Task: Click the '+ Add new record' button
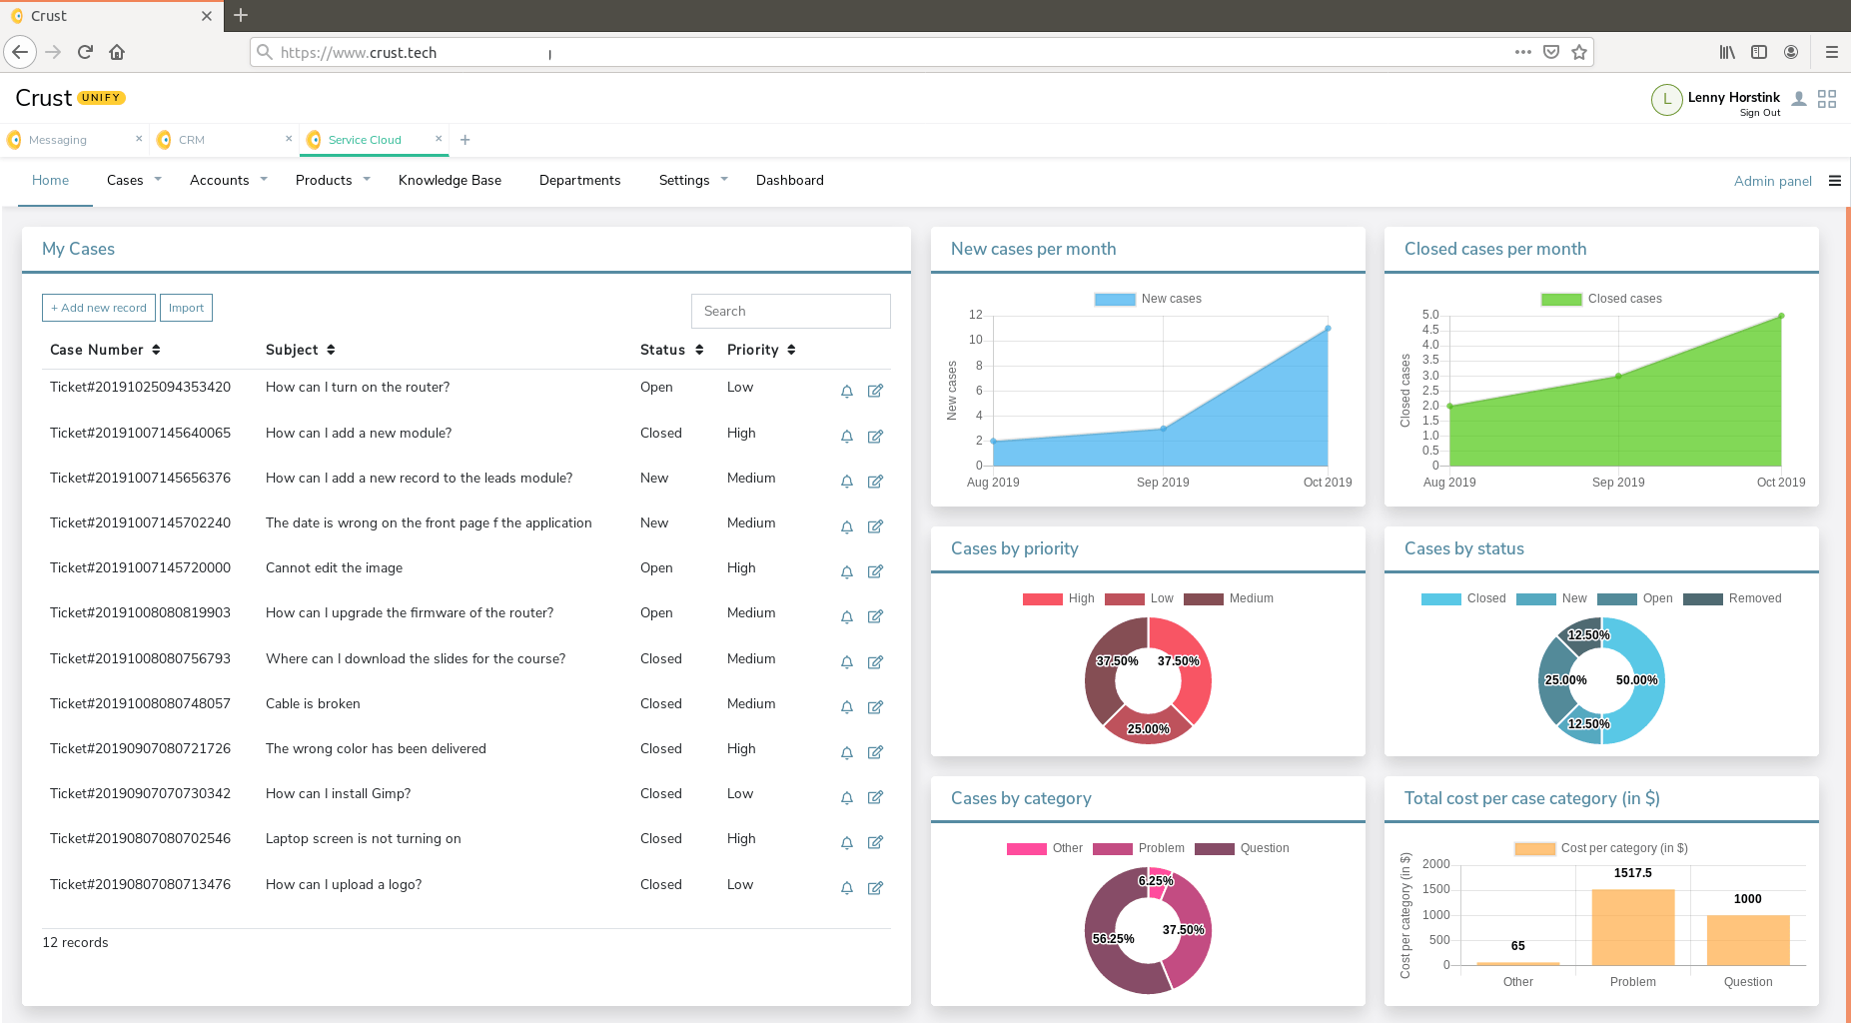click(99, 308)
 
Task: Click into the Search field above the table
click(790, 311)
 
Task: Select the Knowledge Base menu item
click(450, 180)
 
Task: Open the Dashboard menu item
click(789, 180)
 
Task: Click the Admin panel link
click(1772, 181)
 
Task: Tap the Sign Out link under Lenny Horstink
click(1759, 113)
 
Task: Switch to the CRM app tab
click(191, 140)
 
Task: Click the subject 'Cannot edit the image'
click(334, 567)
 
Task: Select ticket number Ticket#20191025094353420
click(140, 387)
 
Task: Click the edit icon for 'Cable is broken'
click(875, 707)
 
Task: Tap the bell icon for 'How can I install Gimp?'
click(847, 797)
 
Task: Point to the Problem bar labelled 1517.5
click(1632, 927)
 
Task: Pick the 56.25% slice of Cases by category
click(1113, 938)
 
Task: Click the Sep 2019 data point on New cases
click(1163, 429)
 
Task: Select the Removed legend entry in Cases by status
click(1732, 598)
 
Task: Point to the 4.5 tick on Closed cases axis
click(1430, 330)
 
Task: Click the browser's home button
click(117, 52)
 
